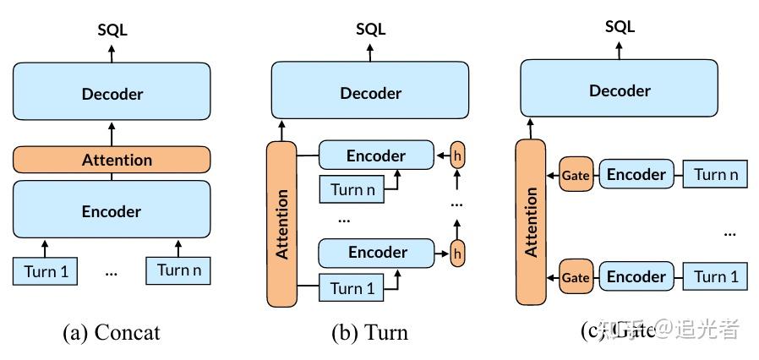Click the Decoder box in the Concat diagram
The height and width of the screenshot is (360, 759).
tap(112, 93)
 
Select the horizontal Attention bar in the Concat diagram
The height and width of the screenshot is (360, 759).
tap(112, 160)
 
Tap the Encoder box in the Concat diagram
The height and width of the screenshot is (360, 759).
tap(112, 210)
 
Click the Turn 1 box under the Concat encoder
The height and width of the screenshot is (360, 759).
tap(46, 271)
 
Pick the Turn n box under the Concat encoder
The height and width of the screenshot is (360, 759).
tap(177, 270)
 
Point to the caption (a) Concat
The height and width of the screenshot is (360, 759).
tap(111, 332)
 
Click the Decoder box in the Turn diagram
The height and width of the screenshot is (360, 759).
tap(369, 93)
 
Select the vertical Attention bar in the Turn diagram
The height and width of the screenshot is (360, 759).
tap(282, 223)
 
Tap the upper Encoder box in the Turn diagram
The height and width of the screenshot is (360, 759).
tap(376, 155)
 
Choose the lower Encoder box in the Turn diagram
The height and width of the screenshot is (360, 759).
tap(376, 252)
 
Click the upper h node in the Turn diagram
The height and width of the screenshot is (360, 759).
tap(458, 155)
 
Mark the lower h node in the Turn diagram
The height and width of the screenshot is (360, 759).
tap(458, 252)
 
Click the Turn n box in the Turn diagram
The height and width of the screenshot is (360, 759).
tap(352, 189)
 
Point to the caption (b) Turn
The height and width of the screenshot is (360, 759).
tap(369, 332)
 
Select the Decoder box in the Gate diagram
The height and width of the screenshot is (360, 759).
tap(620, 90)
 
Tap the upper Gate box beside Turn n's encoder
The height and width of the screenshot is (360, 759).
tap(576, 175)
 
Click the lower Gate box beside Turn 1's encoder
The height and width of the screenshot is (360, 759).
tap(576, 277)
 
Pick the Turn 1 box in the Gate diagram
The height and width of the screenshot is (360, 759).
tap(715, 276)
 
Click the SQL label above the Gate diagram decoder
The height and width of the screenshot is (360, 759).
tap(620, 27)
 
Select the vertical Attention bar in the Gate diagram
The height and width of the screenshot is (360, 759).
tap(532, 221)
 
